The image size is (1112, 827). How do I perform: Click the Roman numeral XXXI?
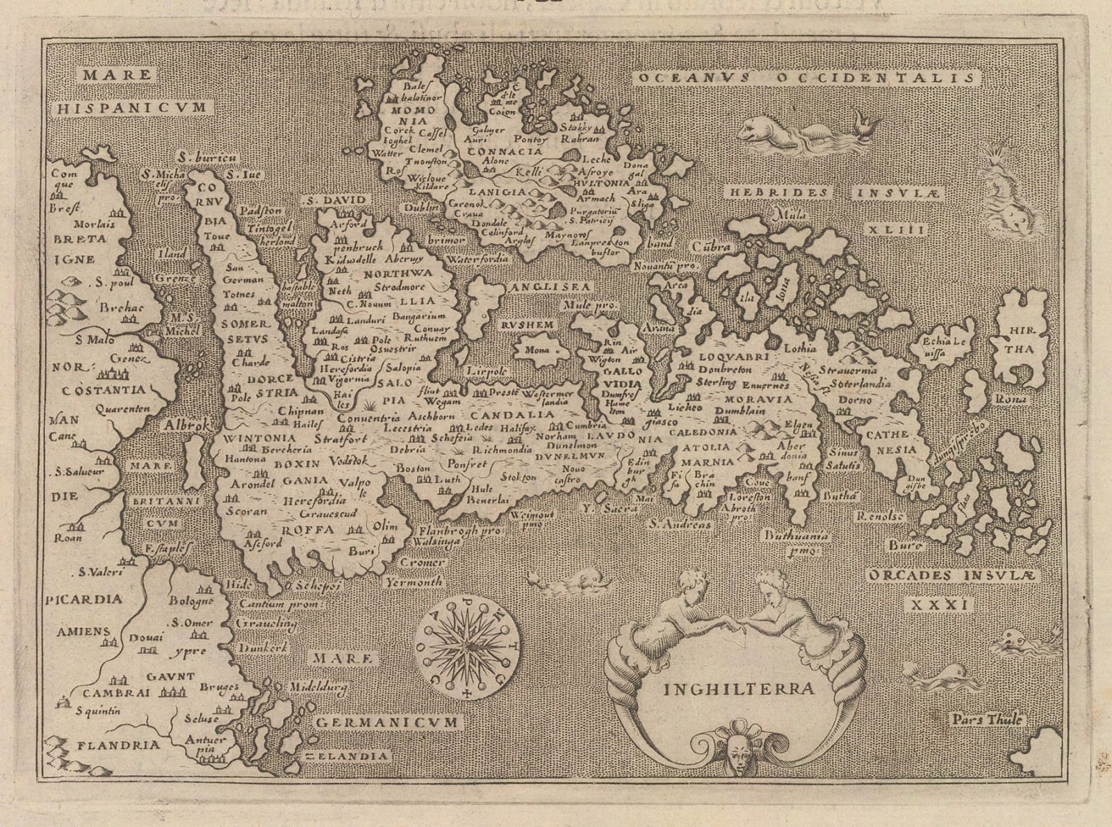click(939, 605)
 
